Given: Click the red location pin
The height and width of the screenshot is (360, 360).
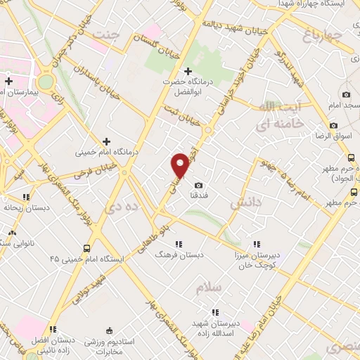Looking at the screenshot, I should tap(180, 165).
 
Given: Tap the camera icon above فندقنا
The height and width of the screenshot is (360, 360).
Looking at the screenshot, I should tap(198, 184).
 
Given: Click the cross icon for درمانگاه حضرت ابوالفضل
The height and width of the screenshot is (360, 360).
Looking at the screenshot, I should tap(188, 71).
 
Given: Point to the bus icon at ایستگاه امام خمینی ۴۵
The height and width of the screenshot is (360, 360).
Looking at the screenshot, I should tap(86, 248).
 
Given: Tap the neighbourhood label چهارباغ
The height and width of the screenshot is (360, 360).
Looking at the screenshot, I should tap(323, 33).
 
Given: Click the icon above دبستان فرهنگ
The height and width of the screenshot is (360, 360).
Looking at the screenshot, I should tap(179, 244).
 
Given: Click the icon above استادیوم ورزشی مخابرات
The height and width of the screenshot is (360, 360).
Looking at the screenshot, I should tap(108, 330).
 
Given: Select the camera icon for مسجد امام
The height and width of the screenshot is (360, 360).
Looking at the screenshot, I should tap(346, 95).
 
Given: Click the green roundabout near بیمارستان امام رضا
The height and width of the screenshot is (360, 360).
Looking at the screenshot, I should tap(46, 82).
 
